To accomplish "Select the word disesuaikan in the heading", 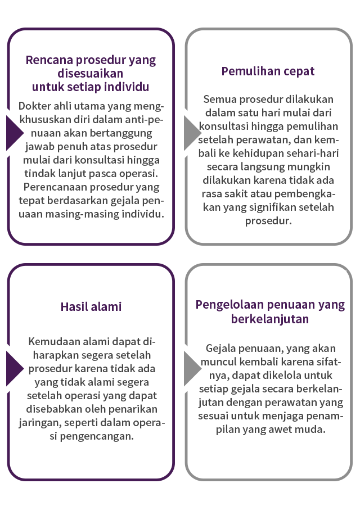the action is coord(91,73).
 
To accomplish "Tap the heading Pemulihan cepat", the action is coord(268,71).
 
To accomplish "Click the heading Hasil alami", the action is coord(91,306).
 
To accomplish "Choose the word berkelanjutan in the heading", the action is coord(270,319).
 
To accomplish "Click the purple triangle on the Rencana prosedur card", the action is coord(15,133).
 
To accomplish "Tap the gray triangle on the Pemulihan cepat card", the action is coord(192,133).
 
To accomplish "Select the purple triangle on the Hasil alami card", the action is coord(15,368).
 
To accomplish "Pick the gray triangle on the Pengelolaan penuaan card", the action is coord(192,368).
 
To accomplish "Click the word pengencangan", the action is coord(97,436).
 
